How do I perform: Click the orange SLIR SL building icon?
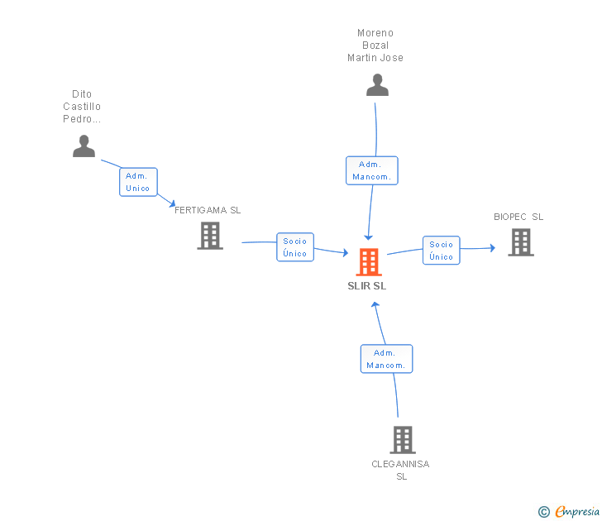pos(369,262)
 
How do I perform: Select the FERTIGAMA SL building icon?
pos(210,236)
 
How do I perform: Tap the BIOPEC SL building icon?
pos(520,242)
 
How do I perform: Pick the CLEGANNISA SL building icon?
pos(402,440)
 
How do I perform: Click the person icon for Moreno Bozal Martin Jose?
pos(377,85)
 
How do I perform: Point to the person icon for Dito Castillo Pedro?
pos(84,146)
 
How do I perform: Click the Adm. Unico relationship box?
pos(138,182)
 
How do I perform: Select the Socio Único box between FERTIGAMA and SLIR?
pos(295,247)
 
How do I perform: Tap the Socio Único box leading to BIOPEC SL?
pos(442,250)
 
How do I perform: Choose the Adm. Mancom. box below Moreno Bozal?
pos(372,170)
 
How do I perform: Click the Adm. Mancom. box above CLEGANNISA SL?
pos(386,359)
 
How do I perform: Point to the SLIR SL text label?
pos(367,286)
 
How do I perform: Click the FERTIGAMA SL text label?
pos(208,210)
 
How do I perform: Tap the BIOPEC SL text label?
pos(518,217)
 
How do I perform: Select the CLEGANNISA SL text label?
pos(400,470)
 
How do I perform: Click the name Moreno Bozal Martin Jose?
pos(375,45)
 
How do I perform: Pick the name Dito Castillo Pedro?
pos(82,107)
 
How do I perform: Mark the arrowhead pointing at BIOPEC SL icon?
pos(491,247)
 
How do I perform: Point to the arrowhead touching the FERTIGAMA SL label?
pos(171,203)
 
